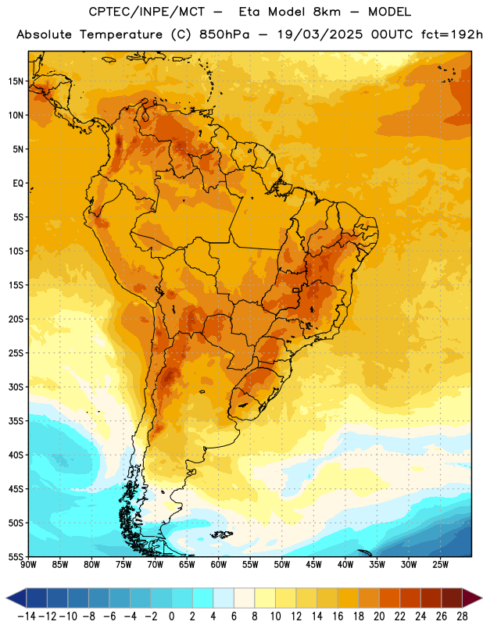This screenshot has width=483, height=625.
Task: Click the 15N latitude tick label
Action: pos(16,81)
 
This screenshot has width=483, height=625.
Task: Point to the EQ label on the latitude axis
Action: pos(18,184)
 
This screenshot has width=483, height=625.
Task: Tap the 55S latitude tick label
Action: pos(16,556)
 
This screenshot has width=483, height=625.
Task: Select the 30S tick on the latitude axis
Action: pos(16,387)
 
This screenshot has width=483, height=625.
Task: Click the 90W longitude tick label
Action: pos(29,565)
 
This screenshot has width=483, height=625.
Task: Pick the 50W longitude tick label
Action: pos(282,565)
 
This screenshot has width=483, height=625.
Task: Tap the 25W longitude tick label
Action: pos(440,565)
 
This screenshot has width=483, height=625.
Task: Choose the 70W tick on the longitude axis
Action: pos(156,565)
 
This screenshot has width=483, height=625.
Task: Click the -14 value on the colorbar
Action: pos(27,616)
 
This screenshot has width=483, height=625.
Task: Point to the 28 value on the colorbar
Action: pos(462,616)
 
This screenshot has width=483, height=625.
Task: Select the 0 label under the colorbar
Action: pos(171,616)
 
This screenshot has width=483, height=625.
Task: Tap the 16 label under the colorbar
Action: pos(338,616)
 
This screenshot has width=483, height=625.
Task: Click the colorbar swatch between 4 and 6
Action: pos(224,598)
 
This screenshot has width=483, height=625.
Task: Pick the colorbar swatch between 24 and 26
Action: pos(431,598)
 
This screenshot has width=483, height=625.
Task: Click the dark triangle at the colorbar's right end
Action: pos(472,598)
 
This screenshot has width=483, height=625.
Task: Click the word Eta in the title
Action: pos(249,12)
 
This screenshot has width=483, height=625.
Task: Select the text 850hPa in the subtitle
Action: pos(224,34)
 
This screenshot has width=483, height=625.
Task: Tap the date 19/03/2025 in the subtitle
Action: pos(320,34)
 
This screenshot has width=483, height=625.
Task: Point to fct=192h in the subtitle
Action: pos(452,34)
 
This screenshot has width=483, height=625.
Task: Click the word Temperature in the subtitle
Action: pos(121,34)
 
